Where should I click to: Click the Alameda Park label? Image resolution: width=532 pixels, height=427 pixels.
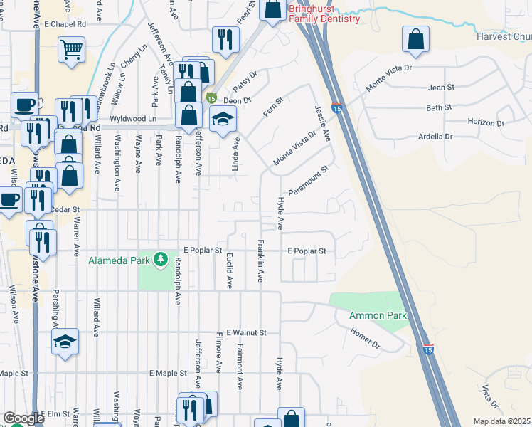(x=117, y=260)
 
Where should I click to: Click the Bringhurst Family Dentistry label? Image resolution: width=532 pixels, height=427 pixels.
(x=324, y=14)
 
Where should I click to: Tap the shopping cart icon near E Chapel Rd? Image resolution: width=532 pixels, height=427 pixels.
(x=71, y=50)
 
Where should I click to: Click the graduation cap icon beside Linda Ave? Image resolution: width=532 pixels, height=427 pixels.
(x=223, y=120)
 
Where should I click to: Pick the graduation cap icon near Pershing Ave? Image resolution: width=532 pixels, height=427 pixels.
(x=65, y=342)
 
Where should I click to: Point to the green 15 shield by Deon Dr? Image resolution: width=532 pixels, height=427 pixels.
(x=211, y=97)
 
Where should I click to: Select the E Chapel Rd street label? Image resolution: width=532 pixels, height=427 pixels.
(x=65, y=23)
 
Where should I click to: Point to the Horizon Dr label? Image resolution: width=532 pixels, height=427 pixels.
(x=486, y=122)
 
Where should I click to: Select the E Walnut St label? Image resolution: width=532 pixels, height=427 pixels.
(x=243, y=332)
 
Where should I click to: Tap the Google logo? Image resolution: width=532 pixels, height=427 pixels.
(x=23, y=418)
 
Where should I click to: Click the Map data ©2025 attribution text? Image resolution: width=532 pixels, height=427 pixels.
(x=501, y=421)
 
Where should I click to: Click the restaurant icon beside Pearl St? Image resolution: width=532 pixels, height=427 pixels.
(x=225, y=40)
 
